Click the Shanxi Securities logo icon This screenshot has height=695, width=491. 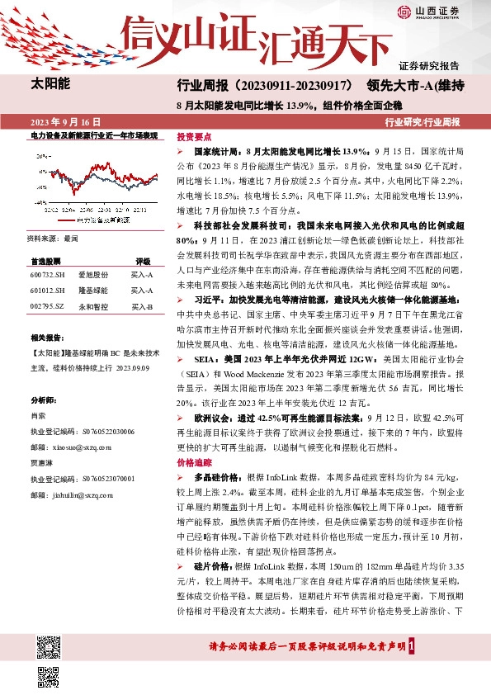[x=404, y=11]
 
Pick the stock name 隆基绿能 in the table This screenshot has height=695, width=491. [x=93, y=290]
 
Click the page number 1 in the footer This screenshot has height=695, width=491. [x=423, y=647]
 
